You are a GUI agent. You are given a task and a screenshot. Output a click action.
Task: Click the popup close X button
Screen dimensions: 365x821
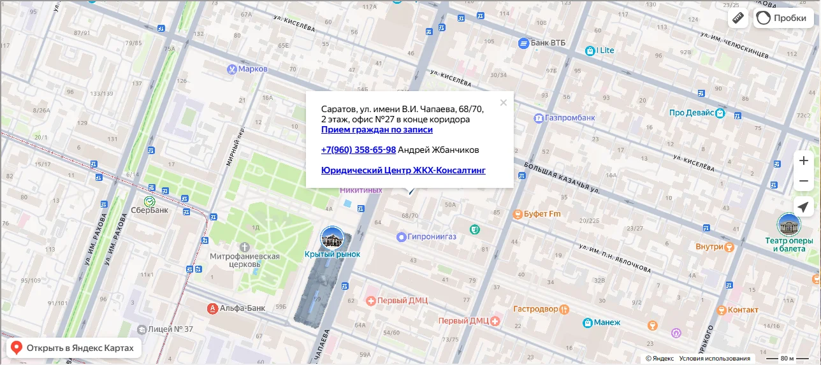coord(504,103)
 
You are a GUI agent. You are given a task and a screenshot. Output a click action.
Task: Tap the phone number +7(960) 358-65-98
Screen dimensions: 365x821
coord(358,150)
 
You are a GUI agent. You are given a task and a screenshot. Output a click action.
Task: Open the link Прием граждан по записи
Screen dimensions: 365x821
coord(377,129)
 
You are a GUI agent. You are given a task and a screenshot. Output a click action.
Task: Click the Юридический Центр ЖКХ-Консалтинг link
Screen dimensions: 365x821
coord(403,170)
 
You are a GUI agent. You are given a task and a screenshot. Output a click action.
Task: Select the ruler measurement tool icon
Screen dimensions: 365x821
coord(738,18)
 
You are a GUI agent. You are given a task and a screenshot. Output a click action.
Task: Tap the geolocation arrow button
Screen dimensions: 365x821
coord(803,207)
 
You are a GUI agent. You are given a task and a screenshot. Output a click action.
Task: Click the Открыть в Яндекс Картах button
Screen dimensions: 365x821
coord(73,348)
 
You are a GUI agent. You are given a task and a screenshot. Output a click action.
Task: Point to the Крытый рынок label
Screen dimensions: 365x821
coord(332,254)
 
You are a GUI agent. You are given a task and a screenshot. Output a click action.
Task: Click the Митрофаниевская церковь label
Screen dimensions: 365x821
coord(245,260)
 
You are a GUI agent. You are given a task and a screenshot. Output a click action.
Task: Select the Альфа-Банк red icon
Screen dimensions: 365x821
coord(213,308)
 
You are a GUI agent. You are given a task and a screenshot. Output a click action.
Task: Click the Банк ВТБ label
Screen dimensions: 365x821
coord(548,43)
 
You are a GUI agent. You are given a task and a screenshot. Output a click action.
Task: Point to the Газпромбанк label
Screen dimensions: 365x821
coord(570,118)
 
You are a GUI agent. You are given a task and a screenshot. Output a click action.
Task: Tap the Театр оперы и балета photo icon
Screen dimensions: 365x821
coord(789,224)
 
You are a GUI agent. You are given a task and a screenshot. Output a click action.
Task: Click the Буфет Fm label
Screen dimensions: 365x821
coord(542,214)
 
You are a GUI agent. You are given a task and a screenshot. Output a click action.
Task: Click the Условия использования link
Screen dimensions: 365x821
coord(714,359)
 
